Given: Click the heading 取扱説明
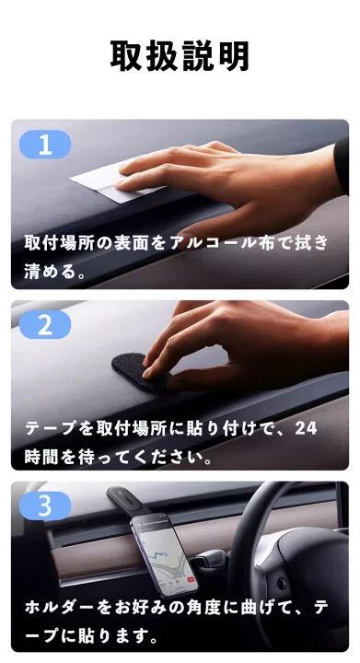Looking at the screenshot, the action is pyautogui.click(x=180, y=56).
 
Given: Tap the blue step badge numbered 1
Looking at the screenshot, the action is pyautogui.click(x=45, y=145).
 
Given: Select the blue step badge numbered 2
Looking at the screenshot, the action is pyautogui.click(x=45, y=325).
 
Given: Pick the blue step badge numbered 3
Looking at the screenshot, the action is pyautogui.click(x=45, y=506).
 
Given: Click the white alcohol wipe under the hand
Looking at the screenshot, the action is pyautogui.click(x=106, y=180).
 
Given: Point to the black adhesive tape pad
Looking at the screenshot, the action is pyautogui.click(x=135, y=370).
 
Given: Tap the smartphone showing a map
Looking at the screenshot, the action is pyautogui.click(x=164, y=554).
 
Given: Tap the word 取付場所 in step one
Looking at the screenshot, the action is pyautogui.click(x=59, y=244).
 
